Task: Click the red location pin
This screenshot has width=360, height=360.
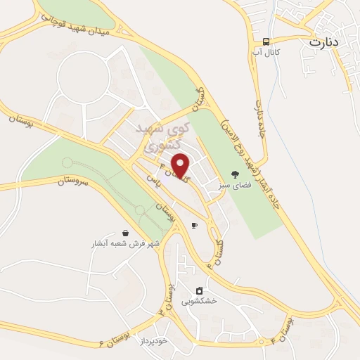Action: tap(181, 165)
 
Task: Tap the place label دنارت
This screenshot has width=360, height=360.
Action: tap(324, 41)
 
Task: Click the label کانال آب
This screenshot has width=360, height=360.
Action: tap(267, 53)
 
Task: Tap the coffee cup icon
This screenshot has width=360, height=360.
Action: tap(194, 226)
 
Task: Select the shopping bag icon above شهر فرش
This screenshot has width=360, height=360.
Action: tap(125, 233)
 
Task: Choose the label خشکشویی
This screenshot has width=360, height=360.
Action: tap(199, 301)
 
